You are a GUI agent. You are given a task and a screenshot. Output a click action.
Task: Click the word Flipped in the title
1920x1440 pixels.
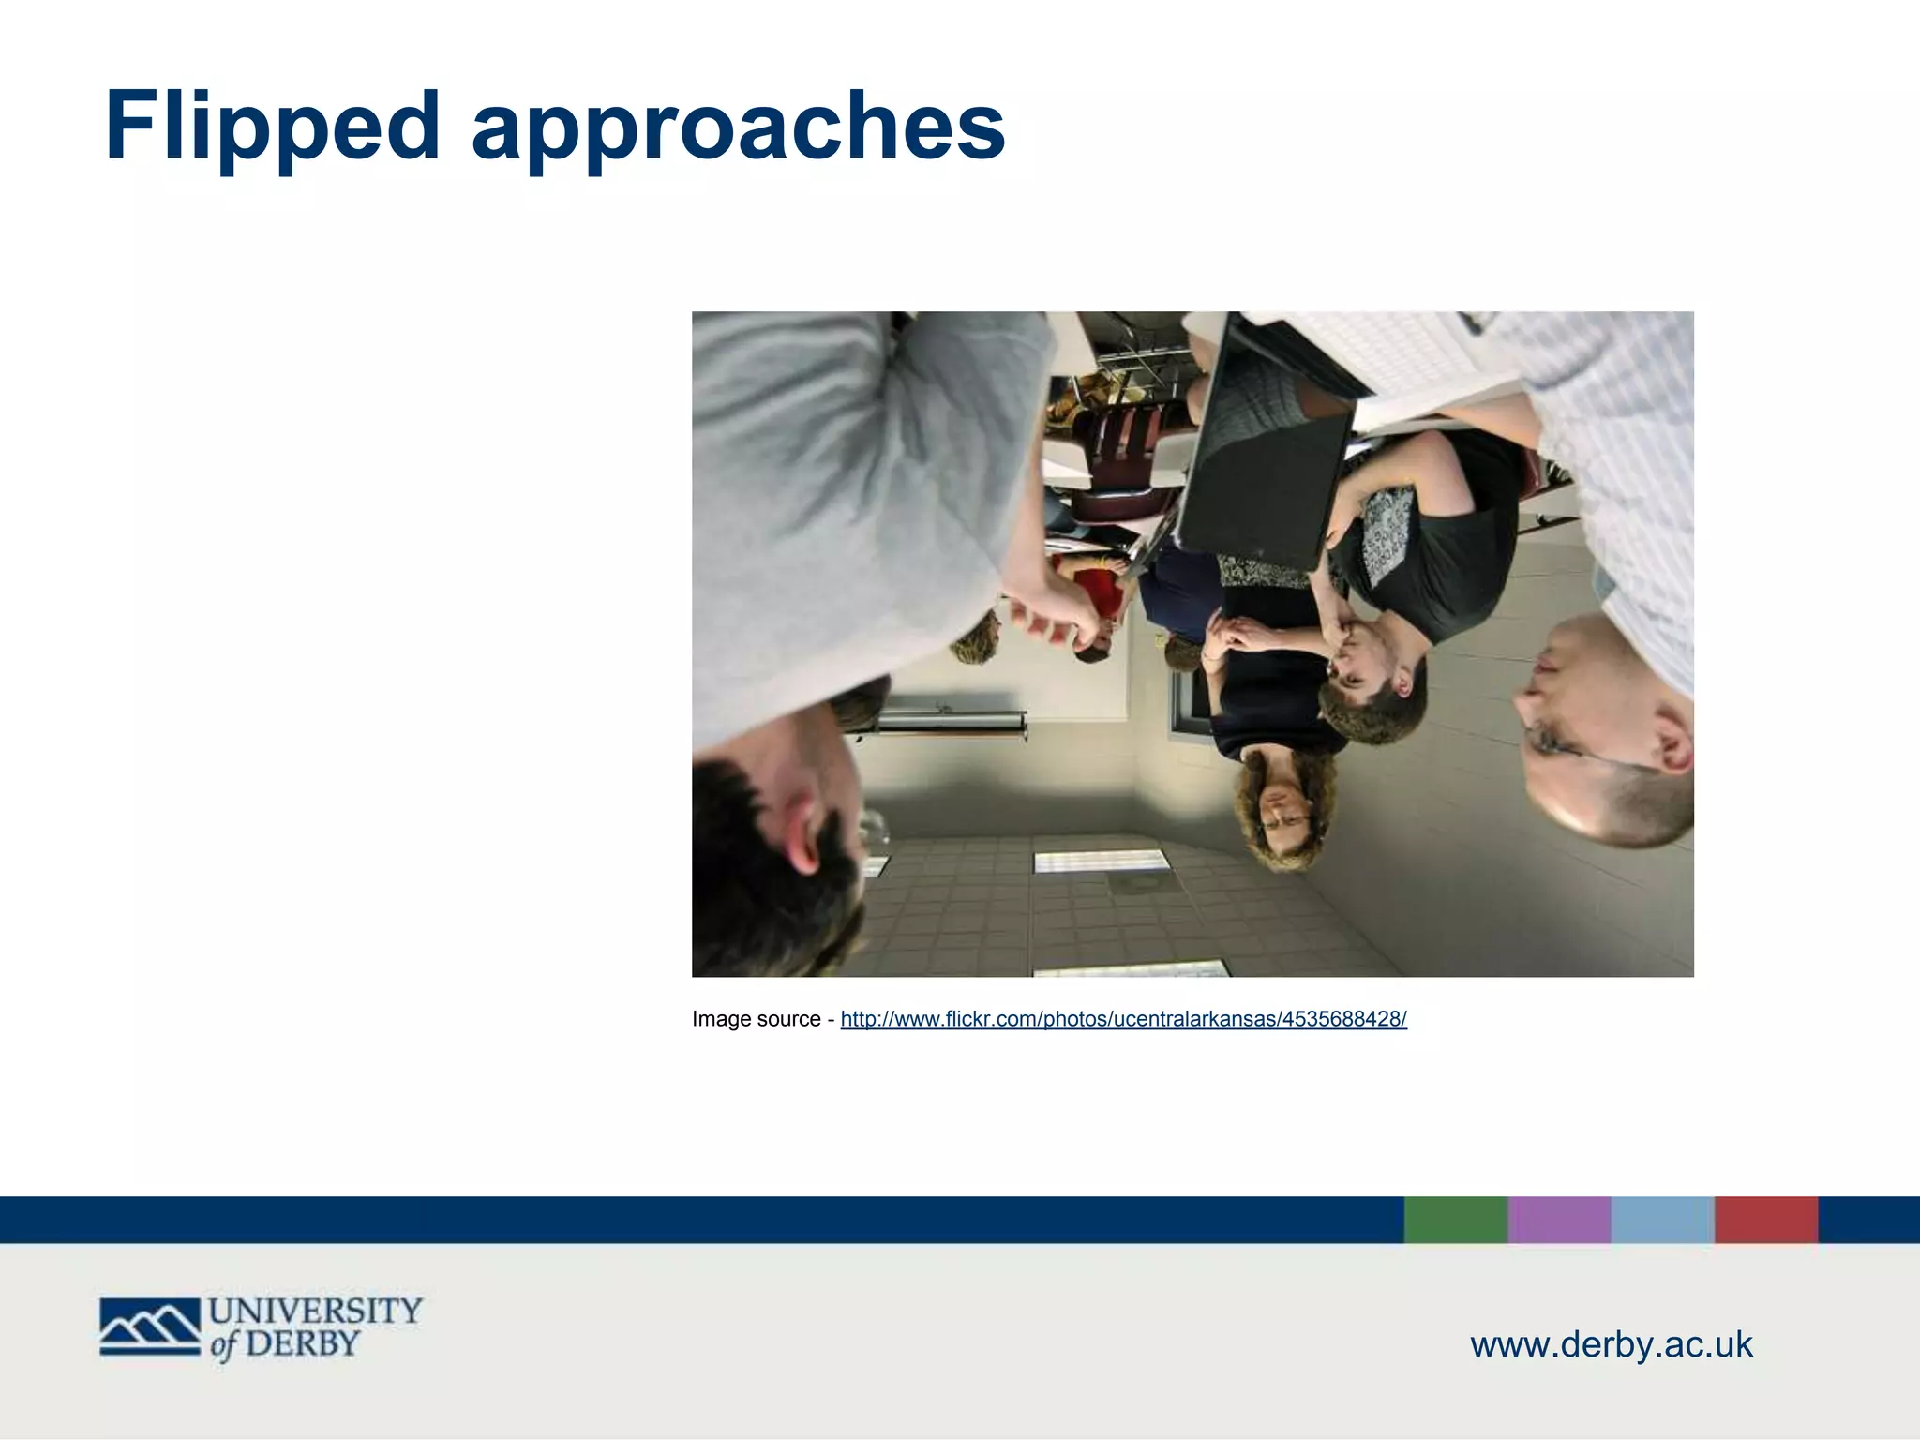272,127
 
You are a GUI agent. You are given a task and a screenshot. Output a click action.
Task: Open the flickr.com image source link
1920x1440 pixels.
1123,1019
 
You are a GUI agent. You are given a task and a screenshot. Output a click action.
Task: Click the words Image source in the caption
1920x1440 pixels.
756,1019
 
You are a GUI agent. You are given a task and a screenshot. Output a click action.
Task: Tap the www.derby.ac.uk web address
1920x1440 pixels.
1611,1344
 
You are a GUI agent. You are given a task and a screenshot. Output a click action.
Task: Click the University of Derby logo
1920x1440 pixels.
261,1327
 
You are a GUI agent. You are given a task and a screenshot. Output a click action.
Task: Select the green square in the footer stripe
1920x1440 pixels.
1455,1220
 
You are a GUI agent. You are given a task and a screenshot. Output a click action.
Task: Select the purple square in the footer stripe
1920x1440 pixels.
1559,1220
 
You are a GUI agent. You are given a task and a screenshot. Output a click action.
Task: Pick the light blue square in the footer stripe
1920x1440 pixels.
1663,1220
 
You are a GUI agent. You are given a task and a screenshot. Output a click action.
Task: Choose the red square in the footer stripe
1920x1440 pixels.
1766,1220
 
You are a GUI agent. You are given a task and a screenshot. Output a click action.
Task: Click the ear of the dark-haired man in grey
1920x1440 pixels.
804,825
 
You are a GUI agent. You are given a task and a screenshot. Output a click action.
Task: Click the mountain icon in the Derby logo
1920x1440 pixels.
150,1327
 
